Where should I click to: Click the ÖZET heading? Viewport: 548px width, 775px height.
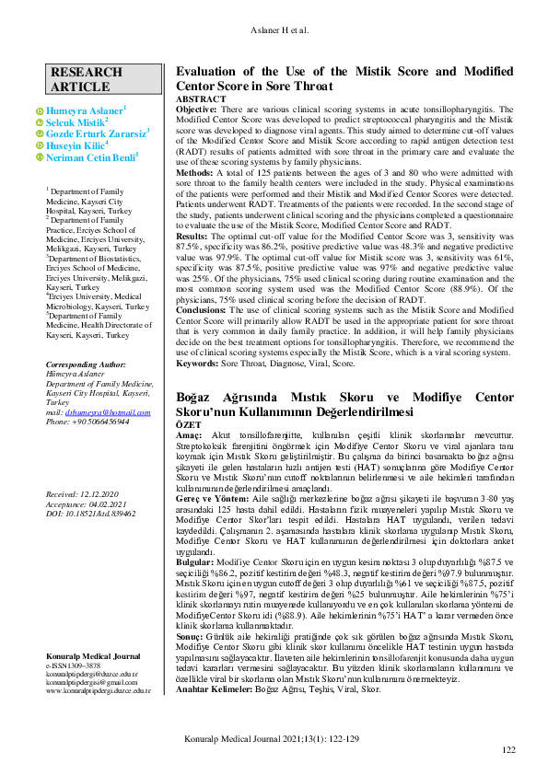pyautogui.click(x=188, y=425)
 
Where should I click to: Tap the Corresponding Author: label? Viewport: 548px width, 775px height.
pyautogui.click(x=86, y=365)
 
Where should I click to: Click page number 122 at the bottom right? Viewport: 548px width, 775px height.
pyautogui.click(x=508, y=751)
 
